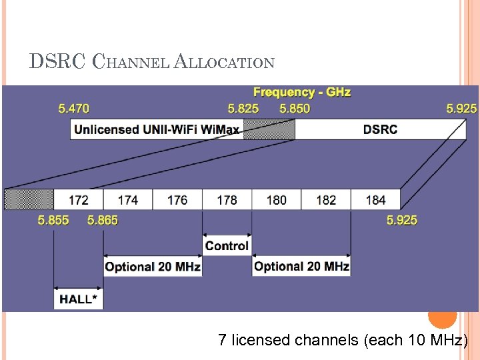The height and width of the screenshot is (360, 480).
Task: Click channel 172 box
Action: coord(78,199)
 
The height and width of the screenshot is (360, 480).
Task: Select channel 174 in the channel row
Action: coord(127,199)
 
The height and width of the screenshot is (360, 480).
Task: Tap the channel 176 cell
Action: coord(177,199)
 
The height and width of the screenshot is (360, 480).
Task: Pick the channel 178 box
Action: coord(227,199)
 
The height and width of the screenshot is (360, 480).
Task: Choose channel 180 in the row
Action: coord(276,199)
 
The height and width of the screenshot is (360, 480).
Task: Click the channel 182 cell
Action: coord(326,199)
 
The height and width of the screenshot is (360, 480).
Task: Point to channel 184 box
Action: coord(375,199)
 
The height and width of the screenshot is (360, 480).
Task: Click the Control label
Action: coord(227,246)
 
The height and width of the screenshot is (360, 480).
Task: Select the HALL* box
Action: coord(79,299)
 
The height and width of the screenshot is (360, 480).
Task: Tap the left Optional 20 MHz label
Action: coord(153,267)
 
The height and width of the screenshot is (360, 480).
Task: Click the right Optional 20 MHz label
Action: coord(301,267)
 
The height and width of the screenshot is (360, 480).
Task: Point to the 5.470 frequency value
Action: coord(73,108)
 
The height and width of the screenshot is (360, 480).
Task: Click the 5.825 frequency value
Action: coord(243,108)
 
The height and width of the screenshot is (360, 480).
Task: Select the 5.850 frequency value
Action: coord(295,108)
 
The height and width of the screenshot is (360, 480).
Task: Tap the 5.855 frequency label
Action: coord(53,220)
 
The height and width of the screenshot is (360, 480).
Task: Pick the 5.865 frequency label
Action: coord(103,220)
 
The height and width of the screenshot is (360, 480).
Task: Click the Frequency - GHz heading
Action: coord(302,92)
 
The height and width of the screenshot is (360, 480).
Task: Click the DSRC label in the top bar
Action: coord(380,129)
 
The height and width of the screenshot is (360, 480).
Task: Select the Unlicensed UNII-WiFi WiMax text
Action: coord(157,129)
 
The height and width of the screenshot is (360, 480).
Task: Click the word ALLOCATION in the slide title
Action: coord(224,63)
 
